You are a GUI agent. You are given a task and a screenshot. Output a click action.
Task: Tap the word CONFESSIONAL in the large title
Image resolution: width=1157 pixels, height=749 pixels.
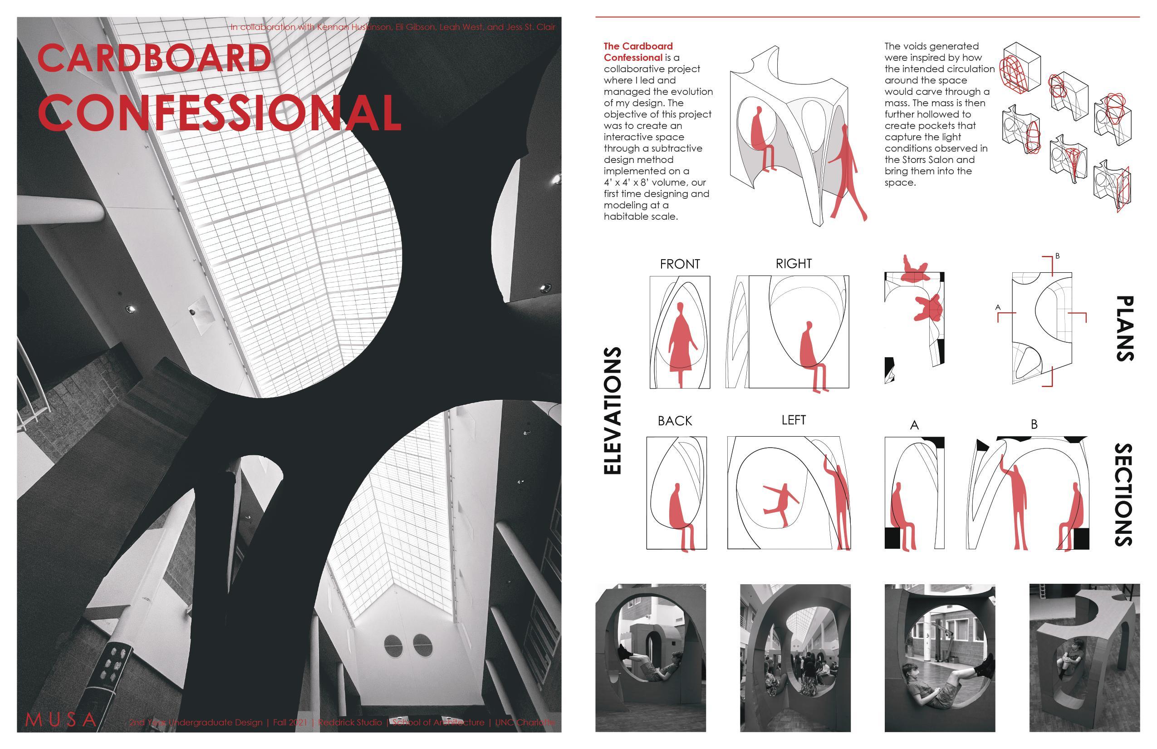click(x=219, y=113)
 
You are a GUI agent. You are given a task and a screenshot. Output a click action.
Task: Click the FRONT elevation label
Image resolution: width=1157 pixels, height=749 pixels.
click(x=680, y=264)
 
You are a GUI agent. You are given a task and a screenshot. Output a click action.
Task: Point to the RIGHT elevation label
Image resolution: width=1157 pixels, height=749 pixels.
click(x=794, y=264)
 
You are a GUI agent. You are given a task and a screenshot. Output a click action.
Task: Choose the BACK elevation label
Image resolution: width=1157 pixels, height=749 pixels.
click(x=675, y=421)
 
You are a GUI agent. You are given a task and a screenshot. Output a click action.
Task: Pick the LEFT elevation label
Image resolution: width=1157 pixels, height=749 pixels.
click(x=794, y=420)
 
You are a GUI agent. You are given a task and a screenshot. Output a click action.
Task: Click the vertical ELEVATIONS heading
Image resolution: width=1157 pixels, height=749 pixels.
click(x=613, y=410)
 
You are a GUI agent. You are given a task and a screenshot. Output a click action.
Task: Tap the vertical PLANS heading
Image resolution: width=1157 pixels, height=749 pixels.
click(x=1124, y=328)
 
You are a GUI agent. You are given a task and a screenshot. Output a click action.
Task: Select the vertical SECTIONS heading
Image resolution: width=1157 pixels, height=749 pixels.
click(x=1124, y=494)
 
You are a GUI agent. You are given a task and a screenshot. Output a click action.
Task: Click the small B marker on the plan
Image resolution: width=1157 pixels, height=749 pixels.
click(x=1057, y=256)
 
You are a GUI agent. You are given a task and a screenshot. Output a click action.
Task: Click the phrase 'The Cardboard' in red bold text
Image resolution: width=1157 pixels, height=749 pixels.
click(x=638, y=46)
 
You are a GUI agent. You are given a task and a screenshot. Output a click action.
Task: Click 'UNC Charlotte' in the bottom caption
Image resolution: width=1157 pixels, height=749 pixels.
click(x=525, y=722)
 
